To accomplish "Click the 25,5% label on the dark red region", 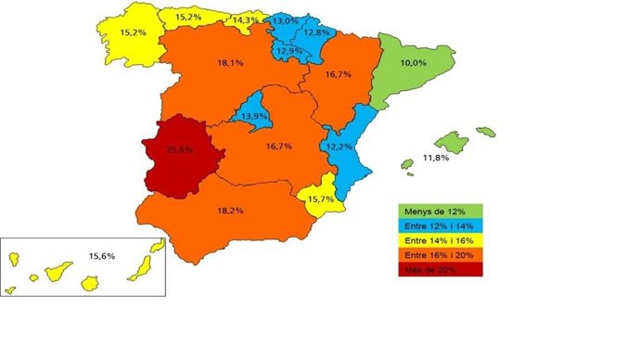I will (x=180, y=148).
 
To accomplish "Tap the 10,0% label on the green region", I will (x=413, y=63).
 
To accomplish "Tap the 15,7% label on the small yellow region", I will (x=321, y=199).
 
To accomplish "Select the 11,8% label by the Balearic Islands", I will (x=436, y=159).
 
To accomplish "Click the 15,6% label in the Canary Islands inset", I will (x=101, y=255).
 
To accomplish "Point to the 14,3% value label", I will (x=246, y=19).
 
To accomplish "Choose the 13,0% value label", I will (x=285, y=20).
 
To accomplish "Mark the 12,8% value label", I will (x=317, y=32).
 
